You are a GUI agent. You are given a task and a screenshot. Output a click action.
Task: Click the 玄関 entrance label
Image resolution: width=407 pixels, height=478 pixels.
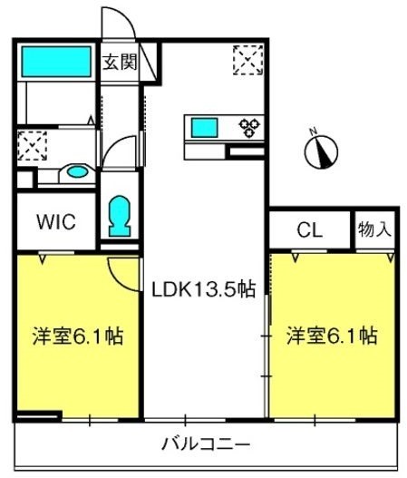click(120, 62)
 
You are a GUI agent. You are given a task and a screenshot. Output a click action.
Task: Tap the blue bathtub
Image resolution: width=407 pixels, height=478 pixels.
click(56, 62)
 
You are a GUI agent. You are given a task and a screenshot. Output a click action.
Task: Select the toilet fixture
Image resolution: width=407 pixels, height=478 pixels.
click(120, 216)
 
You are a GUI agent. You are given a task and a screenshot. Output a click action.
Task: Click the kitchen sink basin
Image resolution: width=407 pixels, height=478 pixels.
click(205, 128)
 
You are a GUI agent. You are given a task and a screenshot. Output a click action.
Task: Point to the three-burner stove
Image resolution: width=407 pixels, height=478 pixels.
click(249, 127)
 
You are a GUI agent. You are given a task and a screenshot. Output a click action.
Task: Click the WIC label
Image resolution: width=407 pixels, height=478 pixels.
click(56, 221)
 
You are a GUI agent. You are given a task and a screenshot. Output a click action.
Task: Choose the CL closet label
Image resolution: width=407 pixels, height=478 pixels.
click(309, 229)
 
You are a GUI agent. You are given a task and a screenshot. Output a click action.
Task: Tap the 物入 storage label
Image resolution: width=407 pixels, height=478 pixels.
click(374, 229)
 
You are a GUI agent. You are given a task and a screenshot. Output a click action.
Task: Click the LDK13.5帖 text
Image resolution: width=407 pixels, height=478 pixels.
click(203, 289)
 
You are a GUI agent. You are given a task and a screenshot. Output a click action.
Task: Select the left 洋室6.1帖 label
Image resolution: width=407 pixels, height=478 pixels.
click(78, 336)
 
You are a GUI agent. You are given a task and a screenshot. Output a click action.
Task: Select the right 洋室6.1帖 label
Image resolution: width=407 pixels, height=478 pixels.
click(332, 336)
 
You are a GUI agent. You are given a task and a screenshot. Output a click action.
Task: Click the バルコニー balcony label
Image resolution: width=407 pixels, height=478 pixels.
click(206, 444)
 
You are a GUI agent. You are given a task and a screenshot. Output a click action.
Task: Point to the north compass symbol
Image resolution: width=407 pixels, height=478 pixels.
click(321, 150)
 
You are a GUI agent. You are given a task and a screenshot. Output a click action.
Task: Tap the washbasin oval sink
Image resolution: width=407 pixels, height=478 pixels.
click(78, 172)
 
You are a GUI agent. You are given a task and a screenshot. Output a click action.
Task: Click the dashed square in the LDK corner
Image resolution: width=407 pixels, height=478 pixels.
click(248, 60)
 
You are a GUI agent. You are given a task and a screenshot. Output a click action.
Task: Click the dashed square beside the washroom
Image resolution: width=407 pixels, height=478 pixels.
click(32, 146)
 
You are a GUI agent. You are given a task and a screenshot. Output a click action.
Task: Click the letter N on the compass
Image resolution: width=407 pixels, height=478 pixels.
click(313, 132)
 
